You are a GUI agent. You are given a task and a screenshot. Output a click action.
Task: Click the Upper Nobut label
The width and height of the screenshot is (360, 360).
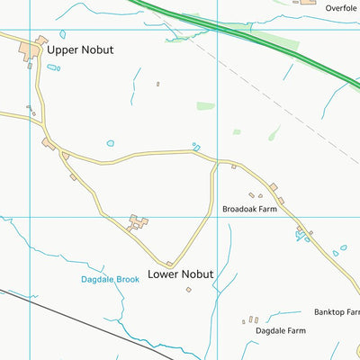tap(81, 49)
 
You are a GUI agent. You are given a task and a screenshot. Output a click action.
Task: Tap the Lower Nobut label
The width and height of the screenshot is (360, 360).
tap(181, 274)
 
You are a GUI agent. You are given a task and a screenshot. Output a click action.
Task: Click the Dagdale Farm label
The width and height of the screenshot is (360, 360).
tap(280, 330)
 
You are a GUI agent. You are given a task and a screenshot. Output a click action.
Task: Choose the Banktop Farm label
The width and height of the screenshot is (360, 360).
tap(336, 312)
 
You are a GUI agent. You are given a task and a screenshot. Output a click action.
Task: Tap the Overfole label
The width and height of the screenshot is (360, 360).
tap(341, 7)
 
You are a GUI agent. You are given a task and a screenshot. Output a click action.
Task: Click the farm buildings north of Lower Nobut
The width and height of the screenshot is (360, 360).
tap(138, 221)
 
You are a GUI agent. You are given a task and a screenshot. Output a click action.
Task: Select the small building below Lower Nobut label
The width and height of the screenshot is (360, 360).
tap(189, 289)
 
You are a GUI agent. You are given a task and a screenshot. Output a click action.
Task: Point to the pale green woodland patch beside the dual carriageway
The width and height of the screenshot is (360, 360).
tap(274, 40)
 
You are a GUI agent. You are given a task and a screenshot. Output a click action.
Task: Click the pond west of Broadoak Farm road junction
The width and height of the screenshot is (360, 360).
tap(195, 146)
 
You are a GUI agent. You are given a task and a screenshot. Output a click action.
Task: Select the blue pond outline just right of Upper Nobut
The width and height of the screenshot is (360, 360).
tap(54, 68)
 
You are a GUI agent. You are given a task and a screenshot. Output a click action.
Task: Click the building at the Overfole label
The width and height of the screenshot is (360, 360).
tap(308, 2)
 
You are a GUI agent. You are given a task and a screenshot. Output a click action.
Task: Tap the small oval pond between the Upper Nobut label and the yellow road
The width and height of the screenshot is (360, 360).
tap(111, 142)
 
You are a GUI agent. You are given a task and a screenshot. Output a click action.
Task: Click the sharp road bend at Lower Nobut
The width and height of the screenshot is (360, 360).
tap(170, 263)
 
